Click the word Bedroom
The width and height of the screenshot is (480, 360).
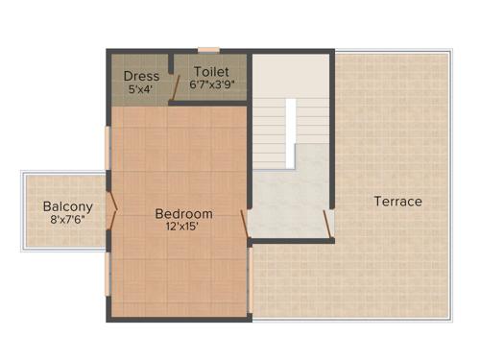click(183, 213)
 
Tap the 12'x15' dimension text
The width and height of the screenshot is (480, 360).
click(183, 228)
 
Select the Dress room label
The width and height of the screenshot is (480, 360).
click(141, 76)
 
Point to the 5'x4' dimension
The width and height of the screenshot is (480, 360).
click(141, 89)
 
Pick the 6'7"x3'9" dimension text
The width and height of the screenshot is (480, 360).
click(212, 84)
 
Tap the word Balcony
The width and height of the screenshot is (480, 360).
click(67, 206)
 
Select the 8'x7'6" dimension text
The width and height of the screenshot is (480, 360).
click(67, 220)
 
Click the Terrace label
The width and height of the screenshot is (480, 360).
click(397, 202)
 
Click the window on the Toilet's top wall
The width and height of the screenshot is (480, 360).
click(208, 50)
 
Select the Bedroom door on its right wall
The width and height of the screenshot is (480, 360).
click(246, 223)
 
